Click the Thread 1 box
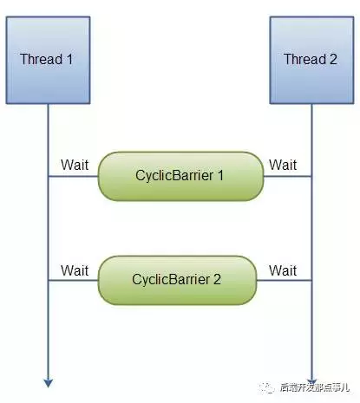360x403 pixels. (x=48, y=59)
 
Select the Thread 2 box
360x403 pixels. (x=311, y=59)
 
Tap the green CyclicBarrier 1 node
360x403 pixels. (x=180, y=175)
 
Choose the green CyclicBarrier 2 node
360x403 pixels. (x=177, y=280)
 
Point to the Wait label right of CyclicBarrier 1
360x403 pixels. (x=283, y=165)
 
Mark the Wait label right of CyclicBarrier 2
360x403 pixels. (x=283, y=270)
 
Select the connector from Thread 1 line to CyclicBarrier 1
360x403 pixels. (x=73, y=176)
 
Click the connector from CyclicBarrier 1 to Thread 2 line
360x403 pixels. (x=287, y=176)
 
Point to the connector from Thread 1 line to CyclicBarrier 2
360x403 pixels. (x=73, y=280)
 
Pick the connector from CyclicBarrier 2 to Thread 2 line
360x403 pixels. (x=285, y=280)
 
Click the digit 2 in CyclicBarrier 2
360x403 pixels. (x=217, y=280)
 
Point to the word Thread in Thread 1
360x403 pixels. (x=41, y=59)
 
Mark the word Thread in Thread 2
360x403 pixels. (x=304, y=59)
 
